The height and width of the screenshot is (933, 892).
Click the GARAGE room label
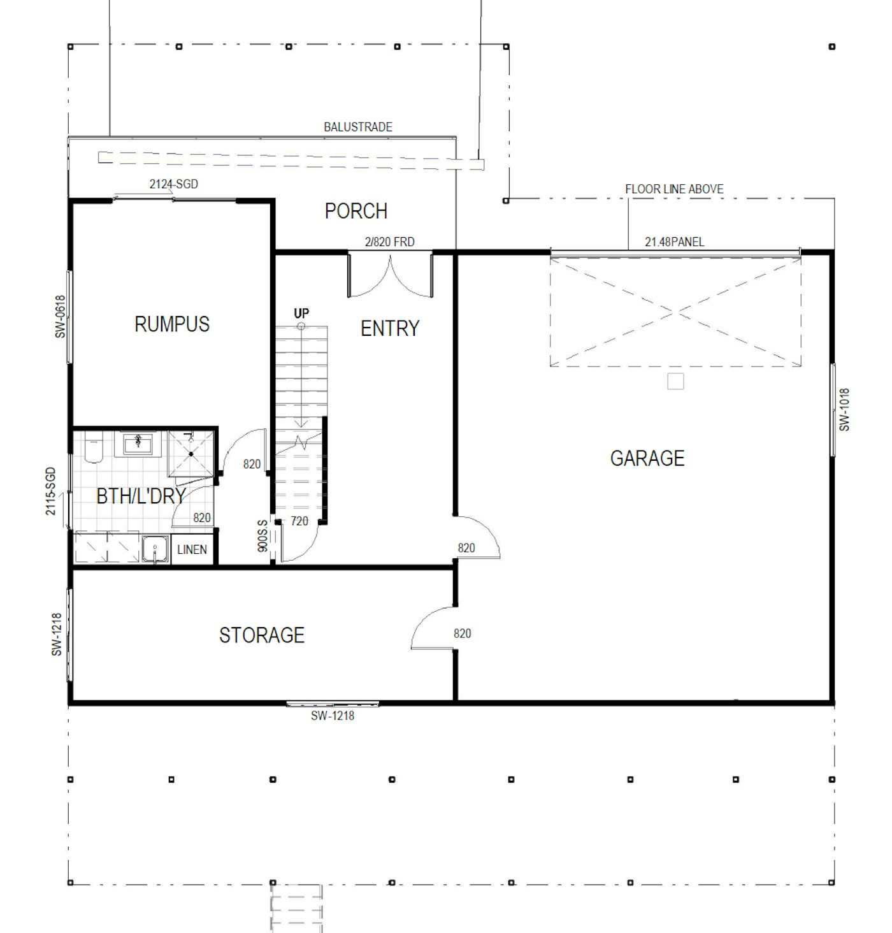coord(647,458)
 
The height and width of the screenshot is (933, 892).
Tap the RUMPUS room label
coord(171,324)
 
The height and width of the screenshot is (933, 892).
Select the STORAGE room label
coord(262,635)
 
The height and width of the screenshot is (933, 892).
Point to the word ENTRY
coord(390,329)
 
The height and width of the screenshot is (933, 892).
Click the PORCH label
coord(356,211)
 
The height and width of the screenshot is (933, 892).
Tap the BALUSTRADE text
coord(357,127)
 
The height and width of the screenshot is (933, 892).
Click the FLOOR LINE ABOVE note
coord(674,189)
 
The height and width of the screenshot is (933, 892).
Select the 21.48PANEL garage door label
coord(674,242)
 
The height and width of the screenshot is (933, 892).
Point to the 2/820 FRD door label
coord(389,242)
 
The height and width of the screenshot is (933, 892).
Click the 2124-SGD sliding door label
coord(173,184)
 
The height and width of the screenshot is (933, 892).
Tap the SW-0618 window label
coord(60,317)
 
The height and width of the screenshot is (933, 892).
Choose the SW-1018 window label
coord(844,409)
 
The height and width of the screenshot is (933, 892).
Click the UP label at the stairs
coord(301,313)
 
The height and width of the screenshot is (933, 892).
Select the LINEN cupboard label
coord(192,549)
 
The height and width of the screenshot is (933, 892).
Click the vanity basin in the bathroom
coord(138,444)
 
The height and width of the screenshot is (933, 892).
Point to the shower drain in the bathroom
coord(191,454)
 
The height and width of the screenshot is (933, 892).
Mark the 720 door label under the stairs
coord(299,521)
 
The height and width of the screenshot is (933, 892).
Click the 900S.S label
coord(263,536)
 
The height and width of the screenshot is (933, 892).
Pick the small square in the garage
coord(675,381)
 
